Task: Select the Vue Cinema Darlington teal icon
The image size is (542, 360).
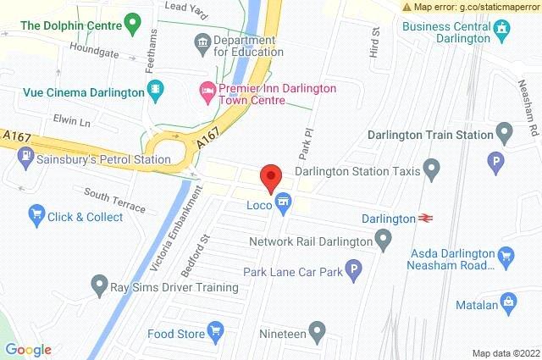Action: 155,88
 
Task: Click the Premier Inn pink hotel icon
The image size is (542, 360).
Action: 207,88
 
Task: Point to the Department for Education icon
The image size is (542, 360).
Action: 202,41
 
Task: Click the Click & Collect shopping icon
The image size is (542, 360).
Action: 36,217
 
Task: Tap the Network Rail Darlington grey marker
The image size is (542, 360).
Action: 383,241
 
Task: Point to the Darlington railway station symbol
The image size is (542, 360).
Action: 425,219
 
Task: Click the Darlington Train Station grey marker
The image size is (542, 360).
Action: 505,134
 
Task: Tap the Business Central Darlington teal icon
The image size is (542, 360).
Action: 503,33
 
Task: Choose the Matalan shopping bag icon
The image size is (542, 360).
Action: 508,300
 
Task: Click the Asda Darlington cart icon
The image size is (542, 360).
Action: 506,253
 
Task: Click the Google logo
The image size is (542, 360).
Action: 28,350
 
